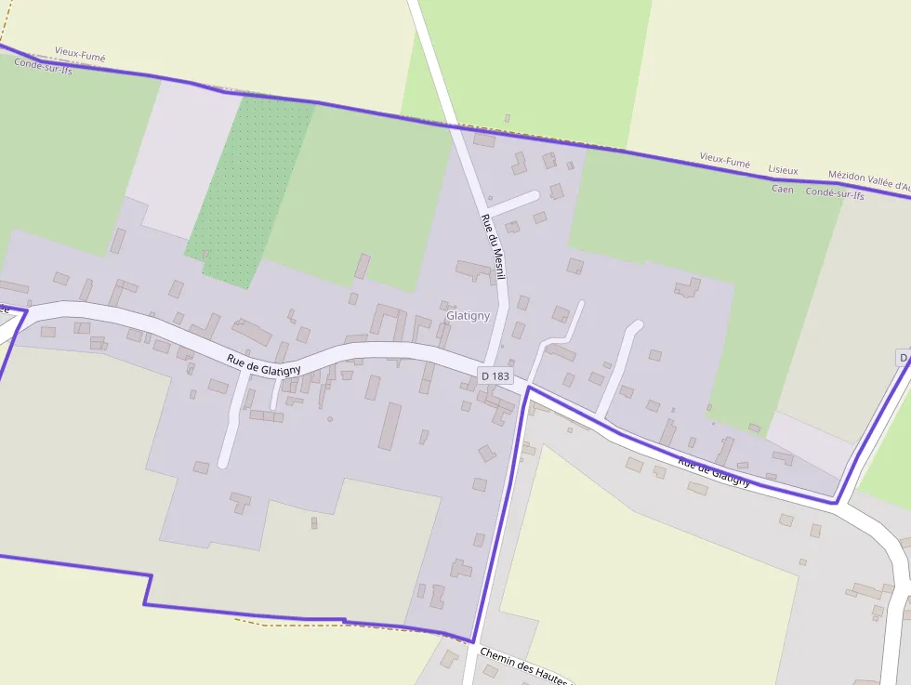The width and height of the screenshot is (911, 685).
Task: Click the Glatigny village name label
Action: click(x=468, y=316)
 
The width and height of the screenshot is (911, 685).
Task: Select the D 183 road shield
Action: click(x=495, y=375)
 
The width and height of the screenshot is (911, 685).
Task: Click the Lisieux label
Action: click(x=783, y=170)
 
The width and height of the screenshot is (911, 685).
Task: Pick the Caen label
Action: click(x=782, y=189)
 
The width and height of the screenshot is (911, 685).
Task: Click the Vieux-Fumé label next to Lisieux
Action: click(x=724, y=161)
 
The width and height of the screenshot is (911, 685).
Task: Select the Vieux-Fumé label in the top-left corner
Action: click(x=80, y=57)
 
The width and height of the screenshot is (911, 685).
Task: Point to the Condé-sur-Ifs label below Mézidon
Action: click(x=834, y=194)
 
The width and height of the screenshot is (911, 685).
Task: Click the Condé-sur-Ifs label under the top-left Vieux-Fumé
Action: click(x=43, y=70)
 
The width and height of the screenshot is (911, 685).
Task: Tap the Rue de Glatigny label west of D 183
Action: click(x=264, y=364)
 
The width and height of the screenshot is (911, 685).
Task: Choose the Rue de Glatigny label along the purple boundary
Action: click(x=713, y=471)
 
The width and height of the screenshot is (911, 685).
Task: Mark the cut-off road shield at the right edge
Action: click(x=904, y=358)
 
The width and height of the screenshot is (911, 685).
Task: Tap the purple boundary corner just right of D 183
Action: click(x=529, y=388)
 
